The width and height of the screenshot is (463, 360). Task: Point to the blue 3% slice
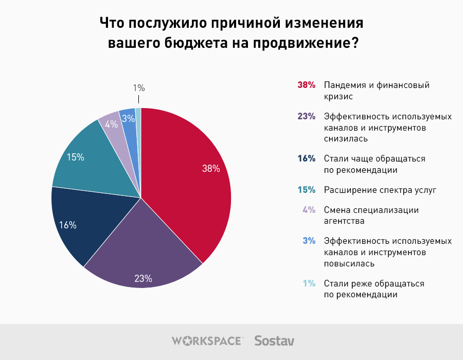point(129,120)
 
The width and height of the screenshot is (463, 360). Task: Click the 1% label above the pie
point(139,88)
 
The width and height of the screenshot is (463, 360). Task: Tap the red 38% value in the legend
point(306,85)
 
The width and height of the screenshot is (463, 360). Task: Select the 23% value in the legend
point(306,116)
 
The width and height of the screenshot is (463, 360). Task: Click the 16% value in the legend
point(306,158)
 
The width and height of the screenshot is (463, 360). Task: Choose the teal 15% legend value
point(306,190)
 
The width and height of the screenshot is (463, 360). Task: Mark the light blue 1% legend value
point(309,283)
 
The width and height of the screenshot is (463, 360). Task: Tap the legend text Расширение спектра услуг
point(380,190)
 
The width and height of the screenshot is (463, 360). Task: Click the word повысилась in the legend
point(349,263)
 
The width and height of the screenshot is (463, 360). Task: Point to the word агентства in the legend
point(344,221)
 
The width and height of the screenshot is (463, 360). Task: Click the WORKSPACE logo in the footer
point(207,340)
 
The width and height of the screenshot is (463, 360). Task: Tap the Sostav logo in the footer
point(274,340)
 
